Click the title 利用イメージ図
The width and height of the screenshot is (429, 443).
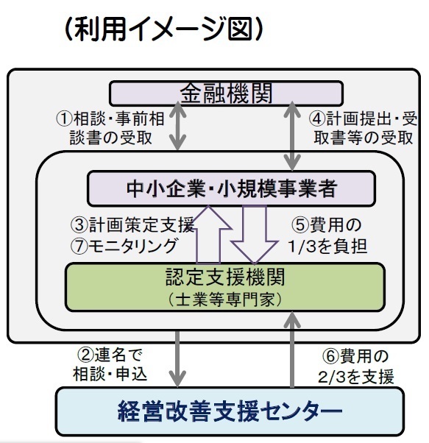(163, 29)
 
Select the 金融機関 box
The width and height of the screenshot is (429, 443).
(226, 93)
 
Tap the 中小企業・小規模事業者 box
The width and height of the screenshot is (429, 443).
(231, 188)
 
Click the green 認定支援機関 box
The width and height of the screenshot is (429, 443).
(225, 287)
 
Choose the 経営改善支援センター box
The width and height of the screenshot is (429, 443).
(230, 411)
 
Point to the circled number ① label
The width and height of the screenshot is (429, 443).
(65, 118)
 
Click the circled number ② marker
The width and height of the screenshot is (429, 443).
(85, 355)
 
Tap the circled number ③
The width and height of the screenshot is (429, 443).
(79, 225)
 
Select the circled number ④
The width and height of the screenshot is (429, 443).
(317, 118)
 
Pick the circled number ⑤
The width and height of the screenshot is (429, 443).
(300, 225)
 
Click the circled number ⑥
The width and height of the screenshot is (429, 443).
(330, 356)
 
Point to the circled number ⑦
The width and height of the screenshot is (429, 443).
(79, 246)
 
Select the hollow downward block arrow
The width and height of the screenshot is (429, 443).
(254, 234)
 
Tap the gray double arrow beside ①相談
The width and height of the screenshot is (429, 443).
(177, 126)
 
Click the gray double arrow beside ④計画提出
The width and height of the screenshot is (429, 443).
(292, 136)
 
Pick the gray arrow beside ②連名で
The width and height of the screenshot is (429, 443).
(177, 359)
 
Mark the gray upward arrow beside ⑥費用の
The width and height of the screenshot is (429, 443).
(292, 350)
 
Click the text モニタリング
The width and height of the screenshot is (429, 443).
(132, 246)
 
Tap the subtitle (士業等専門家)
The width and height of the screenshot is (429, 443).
(225, 300)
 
